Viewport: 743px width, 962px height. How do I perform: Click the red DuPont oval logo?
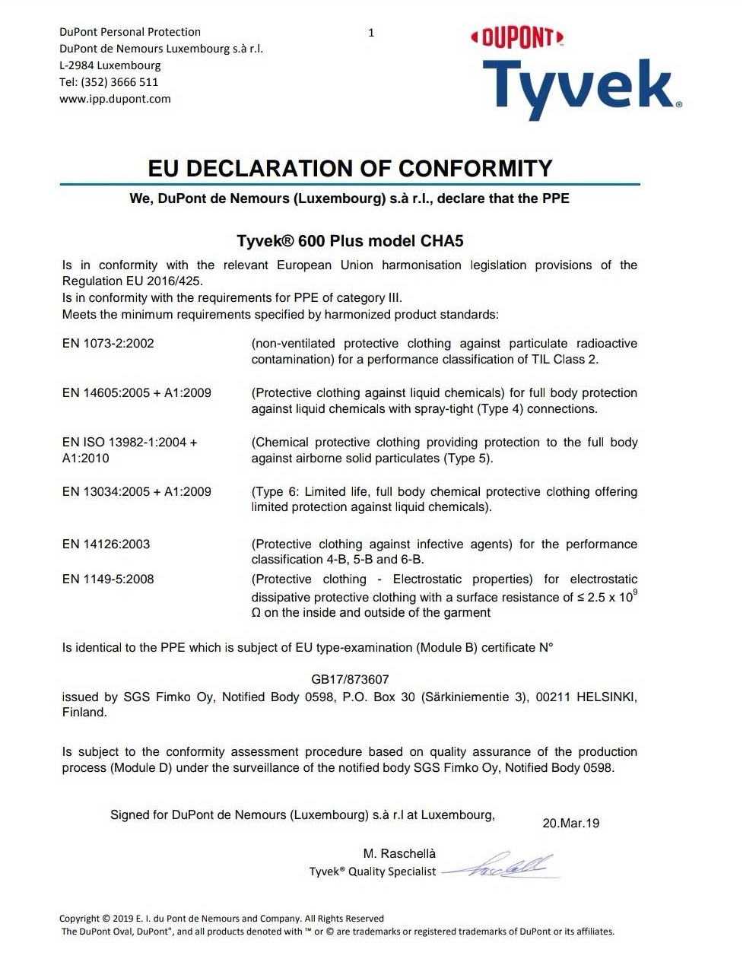coord(517,37)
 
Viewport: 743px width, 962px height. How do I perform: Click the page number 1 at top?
coord(371,33)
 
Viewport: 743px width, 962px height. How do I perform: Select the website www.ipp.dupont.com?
coord(115,99)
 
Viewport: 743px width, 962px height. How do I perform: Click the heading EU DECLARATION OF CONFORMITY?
coord(350,168)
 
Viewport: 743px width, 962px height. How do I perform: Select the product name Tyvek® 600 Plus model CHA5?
coord(350,241)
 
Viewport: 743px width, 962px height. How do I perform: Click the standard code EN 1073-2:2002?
coord(108,344)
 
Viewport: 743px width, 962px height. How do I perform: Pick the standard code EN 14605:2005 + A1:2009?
coord(137,393)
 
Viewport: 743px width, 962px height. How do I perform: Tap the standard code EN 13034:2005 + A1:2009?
coord(137,492)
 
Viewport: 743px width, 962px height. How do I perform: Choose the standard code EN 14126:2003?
coord(106,544)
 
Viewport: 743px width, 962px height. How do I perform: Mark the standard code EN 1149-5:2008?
coord(108,579)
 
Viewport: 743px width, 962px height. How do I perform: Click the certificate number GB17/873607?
coord(350,680)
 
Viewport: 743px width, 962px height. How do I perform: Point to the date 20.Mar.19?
coord(570,824)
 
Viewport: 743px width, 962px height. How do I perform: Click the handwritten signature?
coord(506,866)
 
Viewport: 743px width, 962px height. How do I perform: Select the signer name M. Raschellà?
coord(399,854)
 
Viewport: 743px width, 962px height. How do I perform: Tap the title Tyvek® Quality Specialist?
coord(373,872)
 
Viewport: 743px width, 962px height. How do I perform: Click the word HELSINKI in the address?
coord(605,697)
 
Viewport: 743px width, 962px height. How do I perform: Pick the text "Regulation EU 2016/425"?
coord(132,281)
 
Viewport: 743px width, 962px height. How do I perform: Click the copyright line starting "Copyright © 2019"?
coord(221,919)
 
